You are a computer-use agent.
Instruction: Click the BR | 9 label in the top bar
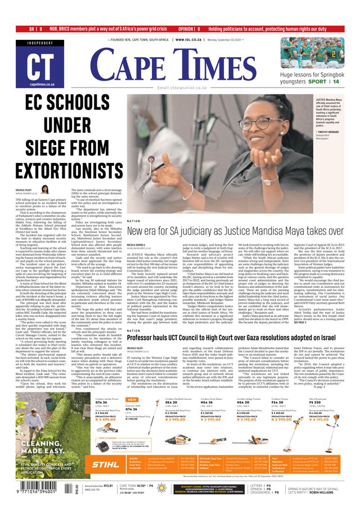tap(35, 29)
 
